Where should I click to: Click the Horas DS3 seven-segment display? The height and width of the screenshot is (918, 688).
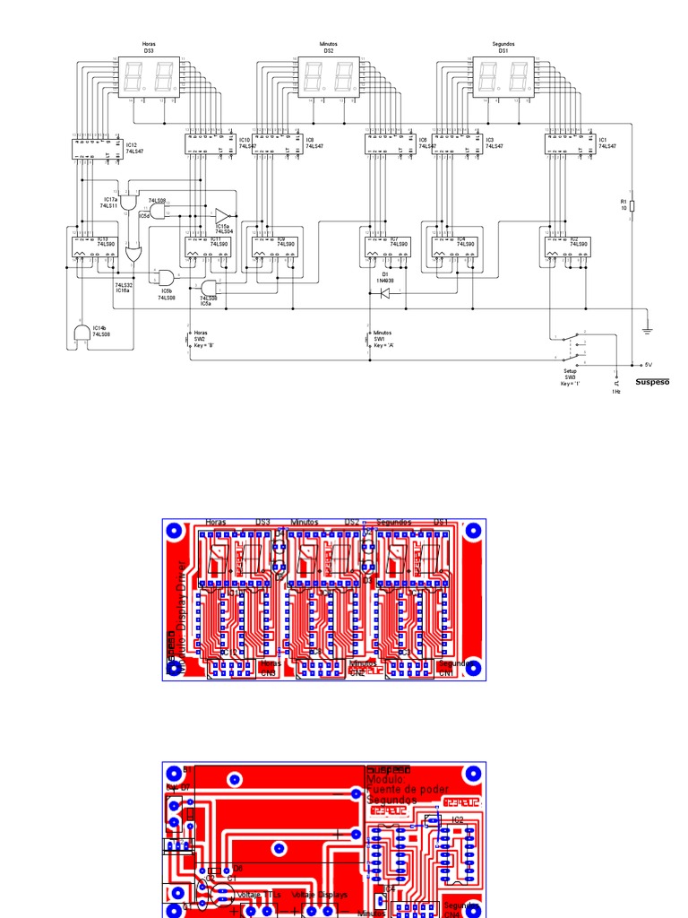[x=149, y=80]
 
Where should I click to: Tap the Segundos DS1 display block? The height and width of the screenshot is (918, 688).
[x=503, y=80]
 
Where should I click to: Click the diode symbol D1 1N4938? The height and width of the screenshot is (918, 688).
[x=385, y=293]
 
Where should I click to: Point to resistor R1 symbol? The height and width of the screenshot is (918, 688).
[x=632, y=206]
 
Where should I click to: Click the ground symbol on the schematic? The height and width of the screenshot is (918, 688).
[x=648, y=330]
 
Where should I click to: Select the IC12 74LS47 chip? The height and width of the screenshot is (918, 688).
[x=97, y=149]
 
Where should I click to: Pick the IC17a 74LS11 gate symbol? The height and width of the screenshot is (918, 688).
[x=129, y=204]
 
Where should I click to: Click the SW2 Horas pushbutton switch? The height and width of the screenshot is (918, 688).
[x=189, y=340]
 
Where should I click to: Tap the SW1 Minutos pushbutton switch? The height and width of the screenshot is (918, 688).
[x=368, y=340]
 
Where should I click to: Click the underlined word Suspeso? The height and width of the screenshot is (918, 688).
[x=652, y=382]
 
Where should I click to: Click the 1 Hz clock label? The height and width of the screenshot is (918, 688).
[x=616, y=392]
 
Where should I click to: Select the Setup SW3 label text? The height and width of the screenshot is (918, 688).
[x=570, y=376]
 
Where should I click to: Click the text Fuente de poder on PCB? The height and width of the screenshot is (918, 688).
[x=400, y=790]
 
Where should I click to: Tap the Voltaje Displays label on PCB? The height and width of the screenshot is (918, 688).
[x=320, y=895]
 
